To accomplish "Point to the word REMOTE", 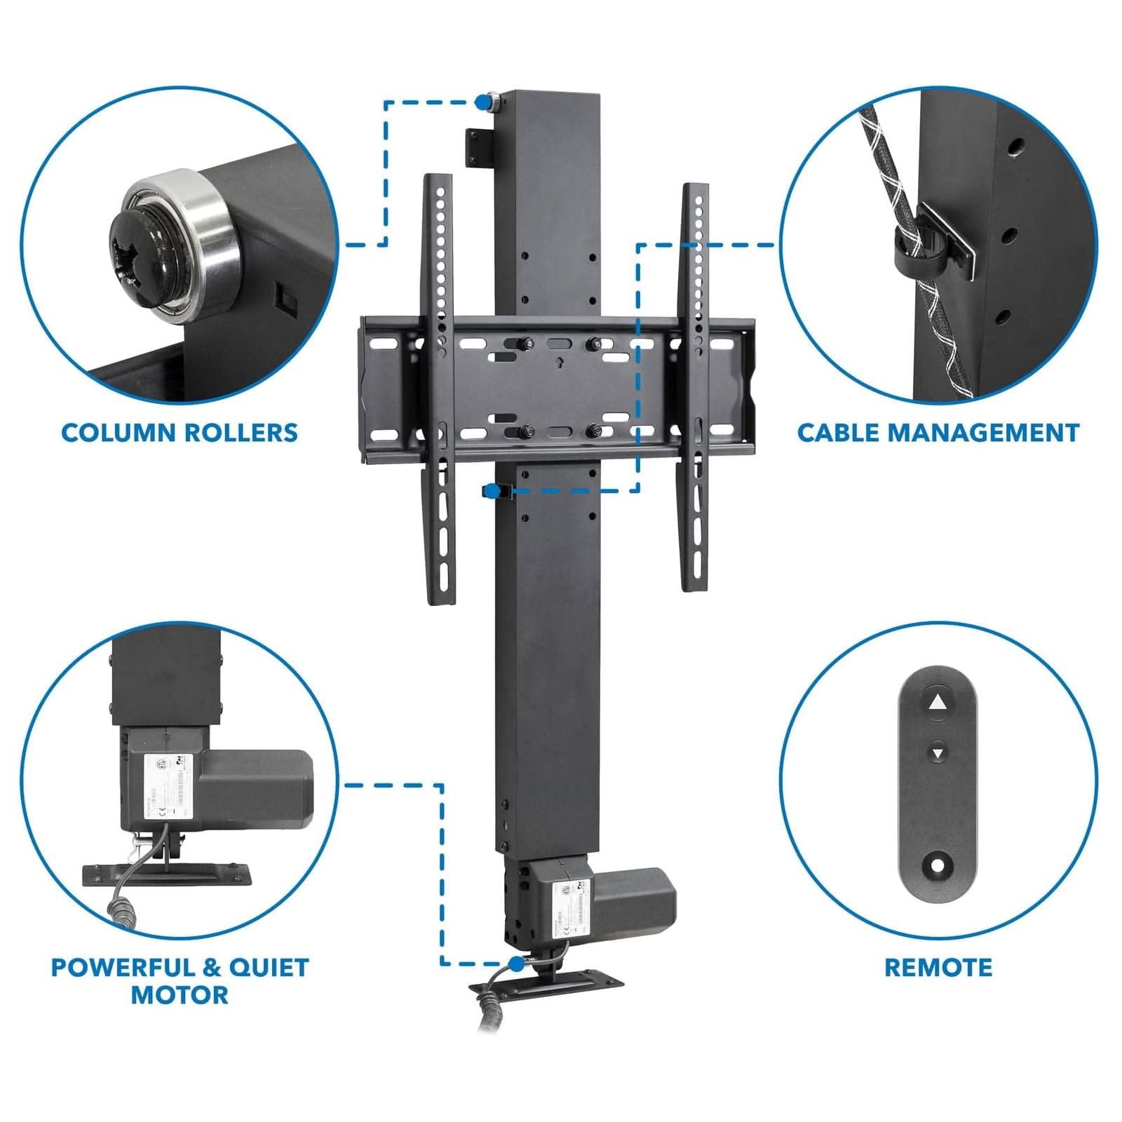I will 938,968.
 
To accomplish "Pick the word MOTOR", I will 180,994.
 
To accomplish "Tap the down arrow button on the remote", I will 938,754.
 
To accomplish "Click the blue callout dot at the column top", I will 482,102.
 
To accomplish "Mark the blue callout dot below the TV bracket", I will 494,489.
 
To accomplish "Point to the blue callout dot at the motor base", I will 518,964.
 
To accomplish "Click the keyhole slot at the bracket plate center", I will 557,363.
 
